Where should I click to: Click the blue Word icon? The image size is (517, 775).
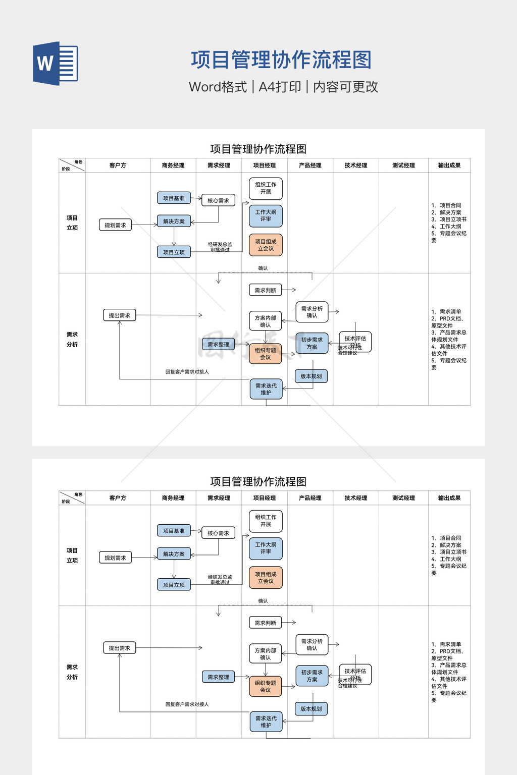[x=56, y=64]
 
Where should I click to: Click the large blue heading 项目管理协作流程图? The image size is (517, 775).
[x=281, y=60]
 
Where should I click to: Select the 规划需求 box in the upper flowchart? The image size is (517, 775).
[x=115, y=225]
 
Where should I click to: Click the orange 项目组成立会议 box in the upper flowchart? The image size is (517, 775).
[x=266, y=245]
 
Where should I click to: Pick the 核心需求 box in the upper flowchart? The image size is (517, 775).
[x=218, y=200]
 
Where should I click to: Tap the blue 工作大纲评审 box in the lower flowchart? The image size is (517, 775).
[x=266, y=548]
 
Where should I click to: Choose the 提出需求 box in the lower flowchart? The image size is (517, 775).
[x=120, y=648]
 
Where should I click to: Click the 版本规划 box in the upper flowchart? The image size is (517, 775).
[x=311, y=376]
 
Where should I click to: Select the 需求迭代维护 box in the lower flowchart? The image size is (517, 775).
[x=266, y=722]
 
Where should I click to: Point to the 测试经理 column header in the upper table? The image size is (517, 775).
[x=403, y=165]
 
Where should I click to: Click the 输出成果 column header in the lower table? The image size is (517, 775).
[x=449, y=498]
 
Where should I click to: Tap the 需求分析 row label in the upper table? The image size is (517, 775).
[x=72, y=340]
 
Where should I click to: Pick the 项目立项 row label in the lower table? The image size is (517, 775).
[x=72, y=556]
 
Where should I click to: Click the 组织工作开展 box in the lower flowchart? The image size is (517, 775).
[x=266, y=521]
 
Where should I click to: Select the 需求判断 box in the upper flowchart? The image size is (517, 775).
[x=265, y=290]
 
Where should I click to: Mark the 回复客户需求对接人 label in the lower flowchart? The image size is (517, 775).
[x=187, y=704]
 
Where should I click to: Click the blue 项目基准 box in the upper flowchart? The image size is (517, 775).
[x=174, y=198]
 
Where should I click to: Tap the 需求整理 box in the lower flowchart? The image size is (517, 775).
[x=218, y=677]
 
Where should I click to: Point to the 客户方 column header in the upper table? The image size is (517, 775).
[x=118, y=165]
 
